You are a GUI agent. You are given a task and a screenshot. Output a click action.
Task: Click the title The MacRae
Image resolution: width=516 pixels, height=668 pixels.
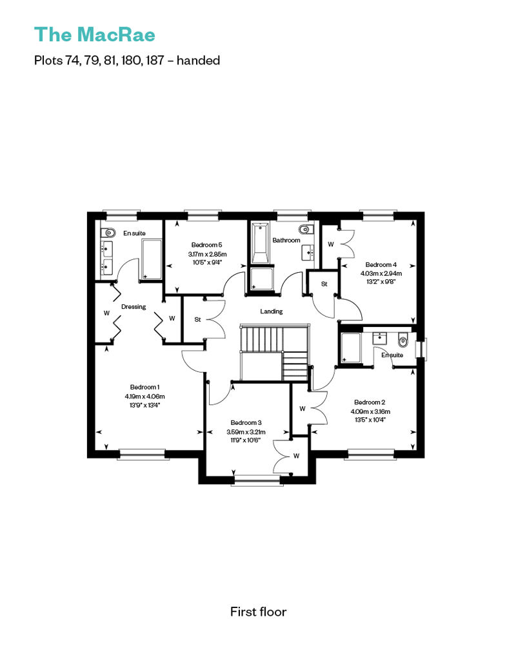click(x=95, y=35)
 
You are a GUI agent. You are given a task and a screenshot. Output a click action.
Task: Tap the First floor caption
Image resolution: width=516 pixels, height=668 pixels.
click(x=258, y=612)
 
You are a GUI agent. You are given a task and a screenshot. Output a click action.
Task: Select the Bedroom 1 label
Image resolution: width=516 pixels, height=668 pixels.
click(x=145, y=388)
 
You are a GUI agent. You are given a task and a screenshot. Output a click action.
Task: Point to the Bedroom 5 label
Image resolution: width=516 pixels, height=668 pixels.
click(x=206, y=245)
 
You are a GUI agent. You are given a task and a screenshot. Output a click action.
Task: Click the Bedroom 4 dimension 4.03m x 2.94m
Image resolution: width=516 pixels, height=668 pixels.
click(x=381, y=273)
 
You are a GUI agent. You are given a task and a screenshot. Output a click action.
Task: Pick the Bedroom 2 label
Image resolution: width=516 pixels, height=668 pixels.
click(x=370, y=402)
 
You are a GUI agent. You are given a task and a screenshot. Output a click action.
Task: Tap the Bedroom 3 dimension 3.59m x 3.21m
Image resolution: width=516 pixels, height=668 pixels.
click(x=246, y=432)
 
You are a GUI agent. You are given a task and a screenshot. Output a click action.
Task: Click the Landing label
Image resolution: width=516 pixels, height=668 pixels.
click(x=272, y=311)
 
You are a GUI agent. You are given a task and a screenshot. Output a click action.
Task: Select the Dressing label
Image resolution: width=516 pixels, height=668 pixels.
click(x=134, y=307)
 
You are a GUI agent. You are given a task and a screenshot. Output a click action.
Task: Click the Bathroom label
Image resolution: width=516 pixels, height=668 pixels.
click(x=286, y=241)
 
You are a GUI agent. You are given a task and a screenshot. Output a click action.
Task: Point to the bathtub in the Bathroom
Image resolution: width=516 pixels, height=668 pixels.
click(x=260, y=243)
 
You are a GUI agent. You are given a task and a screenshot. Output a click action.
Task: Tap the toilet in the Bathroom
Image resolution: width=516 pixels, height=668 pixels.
click(x=306, y=230)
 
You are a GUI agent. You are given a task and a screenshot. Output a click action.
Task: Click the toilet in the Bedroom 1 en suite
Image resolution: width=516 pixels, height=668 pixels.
click(x=108, y=233)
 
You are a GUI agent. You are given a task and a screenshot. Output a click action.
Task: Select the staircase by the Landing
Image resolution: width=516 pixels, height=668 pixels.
click(x=274, y=353)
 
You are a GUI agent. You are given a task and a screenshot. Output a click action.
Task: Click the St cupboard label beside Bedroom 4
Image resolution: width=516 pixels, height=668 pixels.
click(x=324, y=284)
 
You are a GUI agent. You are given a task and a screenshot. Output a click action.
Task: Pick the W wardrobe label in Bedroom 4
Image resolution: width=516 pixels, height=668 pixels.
click(x=331, y=244)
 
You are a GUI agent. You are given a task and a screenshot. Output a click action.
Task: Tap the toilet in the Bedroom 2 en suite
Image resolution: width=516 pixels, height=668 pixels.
click(x=402, y=340)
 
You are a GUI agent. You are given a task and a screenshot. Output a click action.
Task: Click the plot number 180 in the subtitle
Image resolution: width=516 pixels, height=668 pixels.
click(x=130, y=61)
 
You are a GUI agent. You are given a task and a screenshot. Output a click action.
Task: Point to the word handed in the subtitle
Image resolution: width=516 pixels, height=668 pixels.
click(x=198, y=61)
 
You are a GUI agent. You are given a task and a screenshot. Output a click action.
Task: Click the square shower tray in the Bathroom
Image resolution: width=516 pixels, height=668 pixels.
click(x=262, y=279)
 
